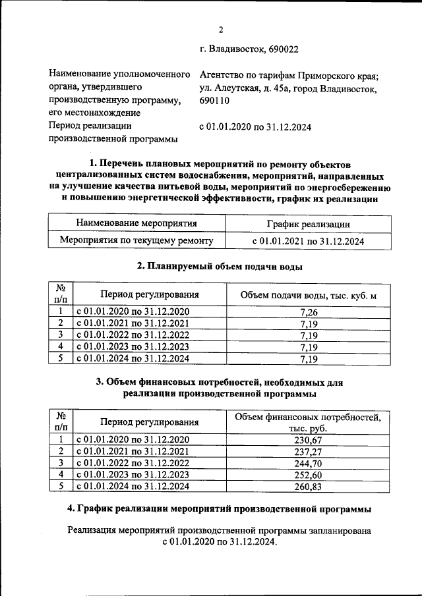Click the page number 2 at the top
click(221, 29)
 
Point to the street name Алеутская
click(239, 88)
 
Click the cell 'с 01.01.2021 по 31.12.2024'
click(309, 241)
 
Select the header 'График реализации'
click(309, 225)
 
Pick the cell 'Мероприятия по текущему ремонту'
click(136, 241)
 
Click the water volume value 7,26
click(309, 312)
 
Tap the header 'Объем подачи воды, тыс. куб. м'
click(309, 295)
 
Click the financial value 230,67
click(309, 440)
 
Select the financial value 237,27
click(309, 452)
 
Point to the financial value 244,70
click(309, 464)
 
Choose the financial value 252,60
click(309, 475)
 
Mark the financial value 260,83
click(309, 487)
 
